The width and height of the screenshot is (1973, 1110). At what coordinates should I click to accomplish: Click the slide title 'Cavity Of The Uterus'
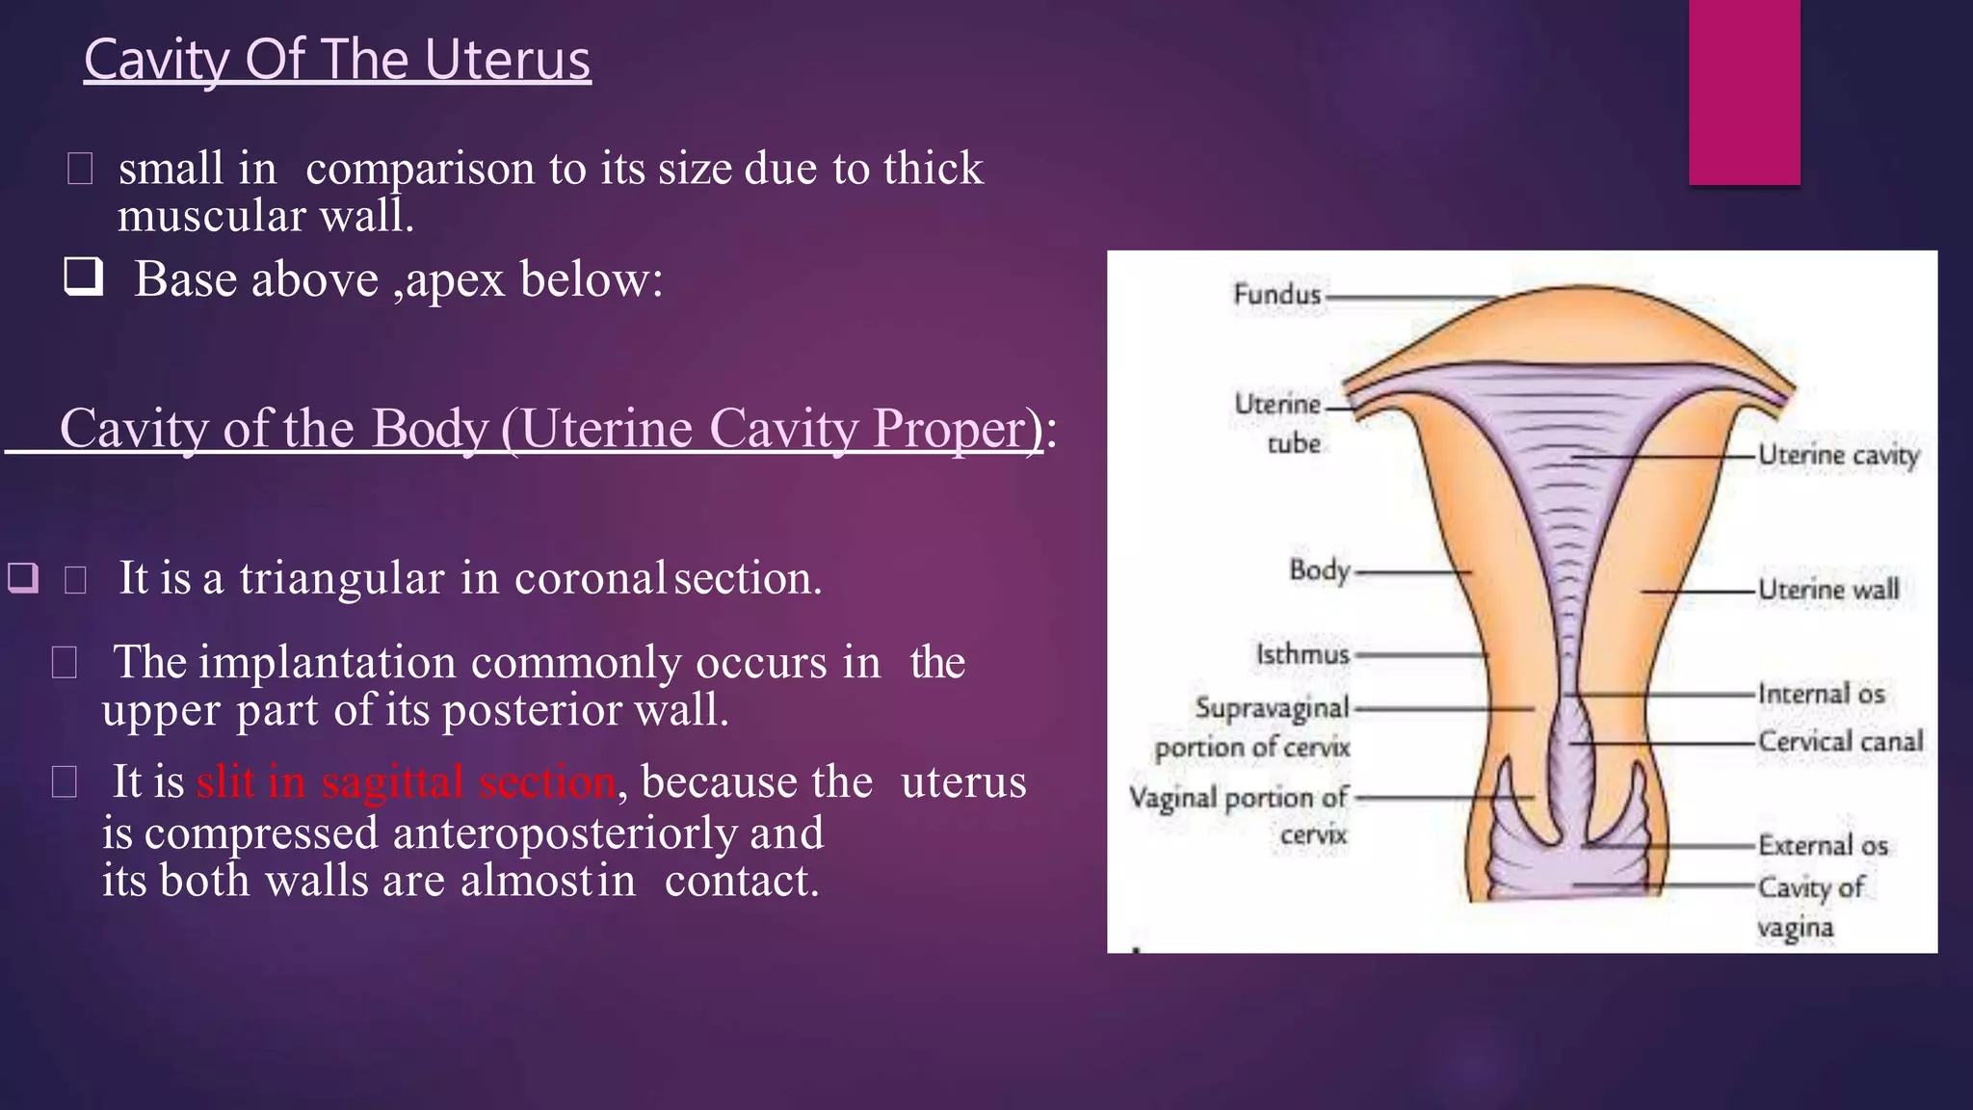click(337, 60)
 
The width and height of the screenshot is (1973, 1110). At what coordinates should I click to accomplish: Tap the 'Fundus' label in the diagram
click(1276, 294)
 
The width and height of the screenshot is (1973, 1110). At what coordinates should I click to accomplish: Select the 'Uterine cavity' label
click(1838, 455)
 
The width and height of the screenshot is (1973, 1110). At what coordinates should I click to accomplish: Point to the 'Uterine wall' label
click(1828, 589)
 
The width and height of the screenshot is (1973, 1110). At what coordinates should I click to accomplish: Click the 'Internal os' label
click(1821, 694)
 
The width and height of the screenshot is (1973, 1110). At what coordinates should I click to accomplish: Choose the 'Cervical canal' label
click(1840, 741)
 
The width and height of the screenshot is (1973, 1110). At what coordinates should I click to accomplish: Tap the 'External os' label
click(1823, 845)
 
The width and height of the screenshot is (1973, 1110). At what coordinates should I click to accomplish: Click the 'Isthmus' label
click(1302, 654)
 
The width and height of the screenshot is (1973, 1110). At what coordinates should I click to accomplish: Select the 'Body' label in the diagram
click(1319, 570)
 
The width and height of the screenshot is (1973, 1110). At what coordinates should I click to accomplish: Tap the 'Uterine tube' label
click(1279, 423)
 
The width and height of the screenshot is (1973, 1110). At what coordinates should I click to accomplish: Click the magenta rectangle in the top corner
click(1744, 92)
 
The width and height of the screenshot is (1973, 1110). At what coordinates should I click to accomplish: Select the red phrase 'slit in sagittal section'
click(406, 781)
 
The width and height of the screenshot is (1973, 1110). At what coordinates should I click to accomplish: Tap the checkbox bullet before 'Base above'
click(84, 277)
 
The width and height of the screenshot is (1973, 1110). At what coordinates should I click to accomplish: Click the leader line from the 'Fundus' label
click(1411, 298)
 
